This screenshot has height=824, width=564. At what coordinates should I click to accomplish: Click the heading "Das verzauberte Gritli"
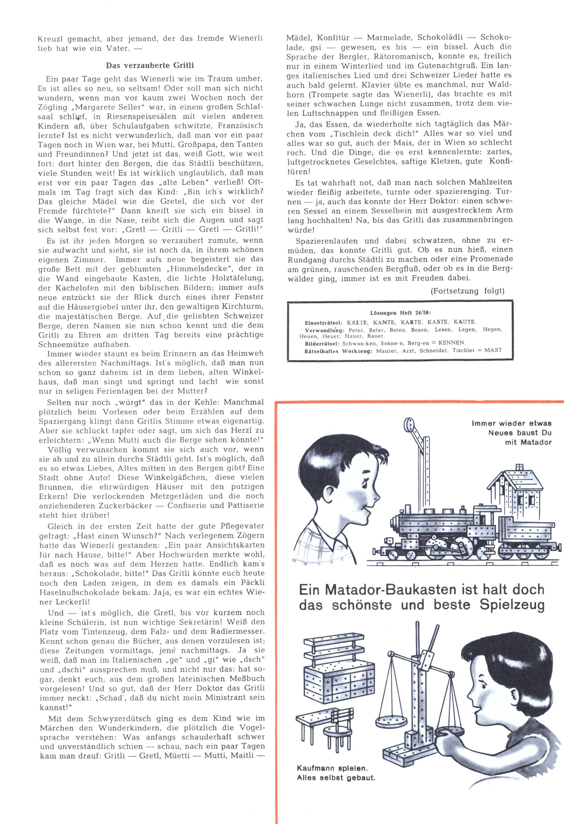click(150, 65)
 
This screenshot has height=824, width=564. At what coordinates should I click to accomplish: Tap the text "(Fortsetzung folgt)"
click(467, 291)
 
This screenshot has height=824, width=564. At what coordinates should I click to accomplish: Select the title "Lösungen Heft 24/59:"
click(400, 313)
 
